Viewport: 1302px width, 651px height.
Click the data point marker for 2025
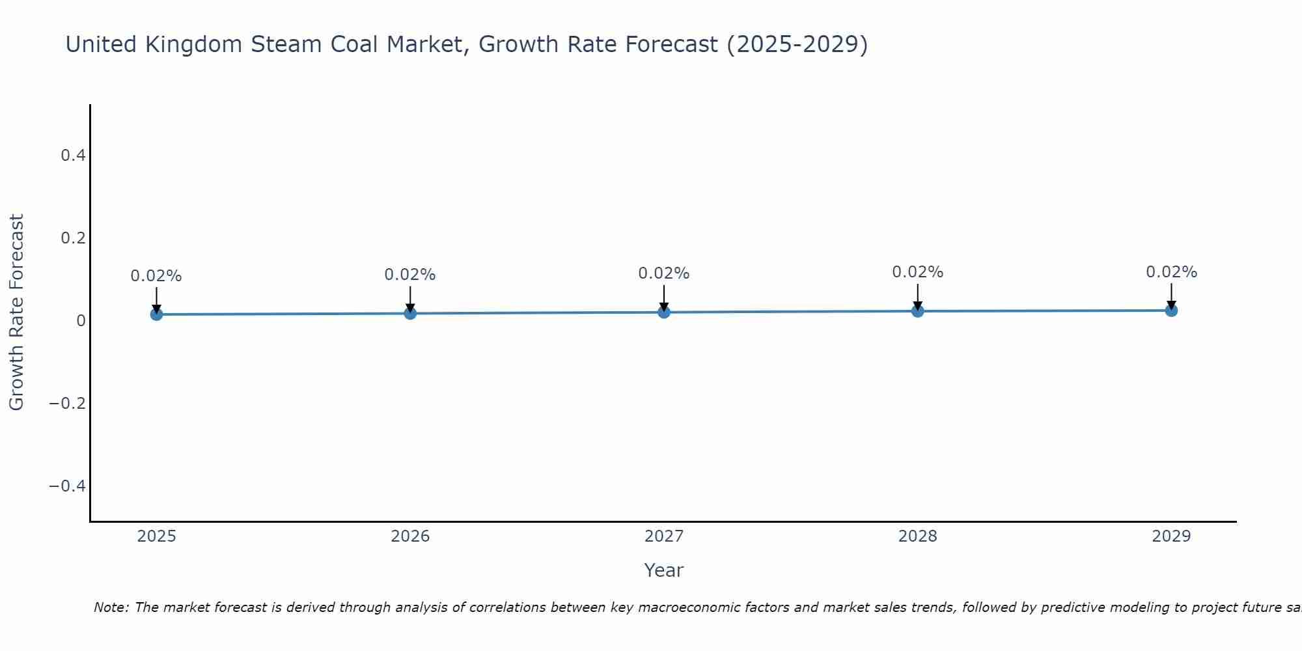(156, 314)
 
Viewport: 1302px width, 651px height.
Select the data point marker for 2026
(410, 313)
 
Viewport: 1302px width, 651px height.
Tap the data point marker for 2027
(664, 312)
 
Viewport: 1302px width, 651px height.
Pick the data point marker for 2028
(917, 311)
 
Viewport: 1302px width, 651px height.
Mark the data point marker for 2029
(1171, 311)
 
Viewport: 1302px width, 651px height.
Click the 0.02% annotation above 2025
(156, 276)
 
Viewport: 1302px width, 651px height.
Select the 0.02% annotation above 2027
(664, 273)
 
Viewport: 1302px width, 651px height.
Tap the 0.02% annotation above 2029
(1171, 272)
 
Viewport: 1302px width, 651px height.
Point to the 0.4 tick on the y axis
(73, 156)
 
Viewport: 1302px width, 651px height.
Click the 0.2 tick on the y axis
(73, 238)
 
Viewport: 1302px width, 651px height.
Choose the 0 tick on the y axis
(81, 321)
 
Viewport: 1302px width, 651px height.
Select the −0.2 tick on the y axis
(67, 404)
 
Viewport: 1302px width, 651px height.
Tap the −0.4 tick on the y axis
(67, 486)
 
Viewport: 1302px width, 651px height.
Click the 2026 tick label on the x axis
(410, 536)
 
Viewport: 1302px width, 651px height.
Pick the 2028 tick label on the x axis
(917, 536)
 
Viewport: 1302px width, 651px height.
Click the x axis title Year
(663, 570)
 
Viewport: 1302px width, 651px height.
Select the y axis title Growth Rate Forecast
(16, 312)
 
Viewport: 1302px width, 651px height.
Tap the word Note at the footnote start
(111, 607)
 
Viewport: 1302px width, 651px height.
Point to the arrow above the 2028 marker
(917, 296)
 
